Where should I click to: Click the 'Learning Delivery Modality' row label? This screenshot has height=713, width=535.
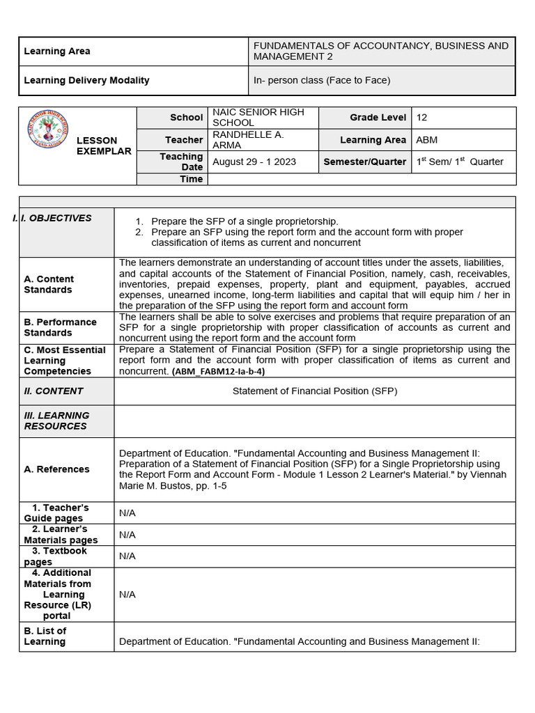pyautogui.click(x=86, y=81)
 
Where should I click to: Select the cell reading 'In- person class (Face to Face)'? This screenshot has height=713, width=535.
pyautogui.click(x=321, y=81)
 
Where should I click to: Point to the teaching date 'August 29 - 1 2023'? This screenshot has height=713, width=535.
pyautogui.click(x=254, y=162)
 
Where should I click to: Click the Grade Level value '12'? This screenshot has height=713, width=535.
pyautogui.click(x=421, y=118)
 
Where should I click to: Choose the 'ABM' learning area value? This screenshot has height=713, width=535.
pyautogui.click(x=426, y=140)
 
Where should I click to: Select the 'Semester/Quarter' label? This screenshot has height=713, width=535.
pyautogui.click(x=364, y=162)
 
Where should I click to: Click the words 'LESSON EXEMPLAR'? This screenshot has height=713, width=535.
pyautogui.click(x=103, y=146)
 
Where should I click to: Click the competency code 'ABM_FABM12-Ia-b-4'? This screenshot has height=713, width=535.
pyautogui.click(x=218, y=372)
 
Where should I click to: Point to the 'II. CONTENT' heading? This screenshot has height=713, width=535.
pyautogui.click(x=53, y=391)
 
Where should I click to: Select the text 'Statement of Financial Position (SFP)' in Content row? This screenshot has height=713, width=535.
pyautogui.click(x=314, y=391)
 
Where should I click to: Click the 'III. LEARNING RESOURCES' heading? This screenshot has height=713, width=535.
pyautogui.click(x=56, y=421)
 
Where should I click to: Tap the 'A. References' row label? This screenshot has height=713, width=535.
pyautogui.click(x=56, y=469)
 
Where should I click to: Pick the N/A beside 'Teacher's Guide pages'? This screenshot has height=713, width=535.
pyautogui.click(x=127, y=513)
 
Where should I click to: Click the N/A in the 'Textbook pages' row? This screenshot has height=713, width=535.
pyautogui.click(x=127, y=556)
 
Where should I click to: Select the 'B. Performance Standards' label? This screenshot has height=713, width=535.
pyautogui.click(x=60, y=327)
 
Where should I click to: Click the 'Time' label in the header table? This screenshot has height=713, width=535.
pyautogui.click(x=191, y=179)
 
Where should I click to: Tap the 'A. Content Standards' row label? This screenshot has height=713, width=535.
pyautogui.click(x=48, y=284)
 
